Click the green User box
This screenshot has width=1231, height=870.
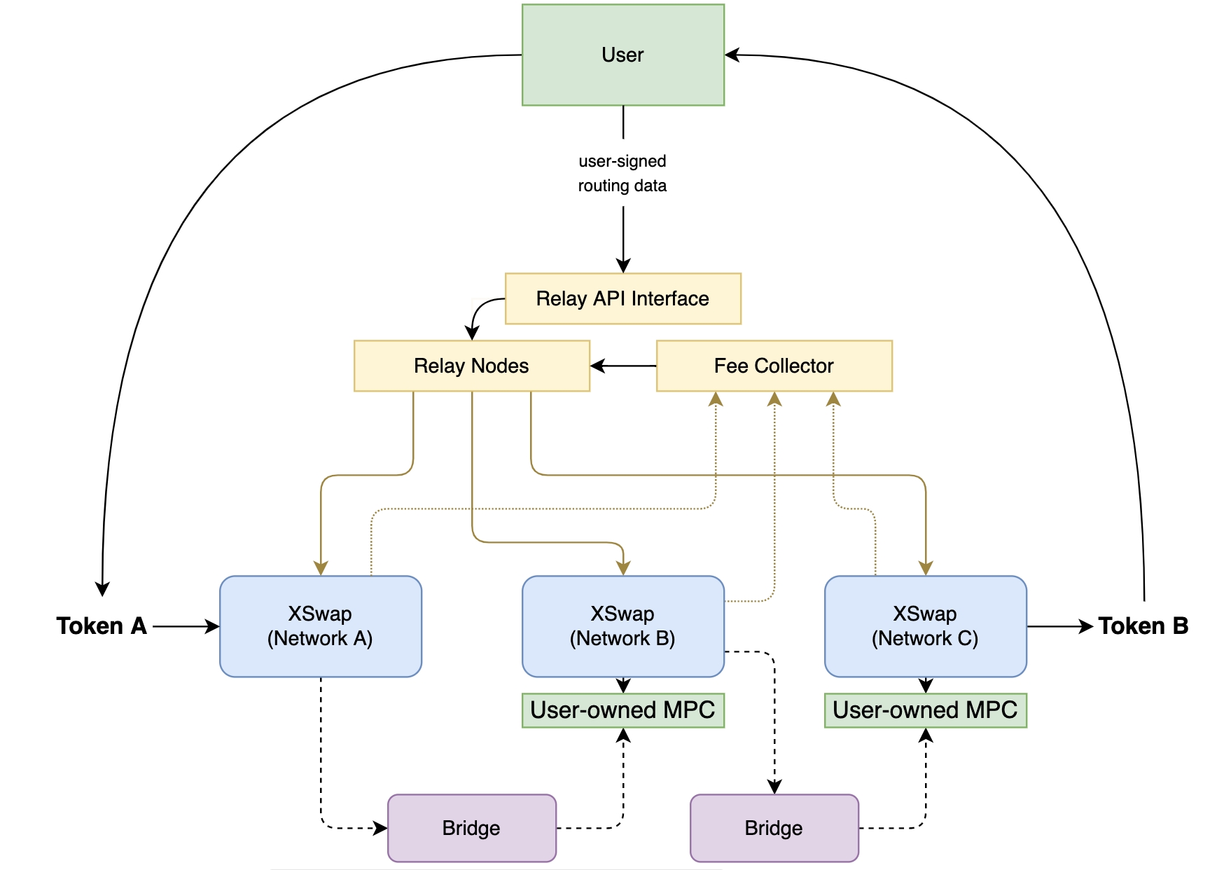click(623, 55)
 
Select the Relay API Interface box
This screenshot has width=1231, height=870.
click(623, 298)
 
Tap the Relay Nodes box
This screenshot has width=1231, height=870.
click(471, 366)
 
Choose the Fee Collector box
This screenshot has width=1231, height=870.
click(774, 366)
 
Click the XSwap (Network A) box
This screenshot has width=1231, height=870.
click(320, 626)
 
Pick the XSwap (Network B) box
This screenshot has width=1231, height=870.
click(623, 626)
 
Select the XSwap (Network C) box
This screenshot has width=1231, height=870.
click(925, 626)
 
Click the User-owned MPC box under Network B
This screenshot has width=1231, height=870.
click(623, 710)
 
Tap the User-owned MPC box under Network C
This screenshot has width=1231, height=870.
click(925, 710)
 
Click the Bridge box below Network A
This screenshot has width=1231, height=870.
click(471, 828)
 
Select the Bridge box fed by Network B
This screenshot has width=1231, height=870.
click(774, 828)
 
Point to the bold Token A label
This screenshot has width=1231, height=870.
click(102, 626)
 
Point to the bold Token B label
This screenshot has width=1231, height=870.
click(1143, 626)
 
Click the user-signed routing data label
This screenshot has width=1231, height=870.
click(623, 174)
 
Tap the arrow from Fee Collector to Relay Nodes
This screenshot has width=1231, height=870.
click(623, 366)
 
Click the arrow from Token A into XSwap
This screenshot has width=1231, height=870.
click(186, 626)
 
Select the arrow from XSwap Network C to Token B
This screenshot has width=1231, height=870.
click(1059, 626)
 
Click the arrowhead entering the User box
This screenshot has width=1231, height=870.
click(732, 55)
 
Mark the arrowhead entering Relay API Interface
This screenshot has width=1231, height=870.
click(623, 265)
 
